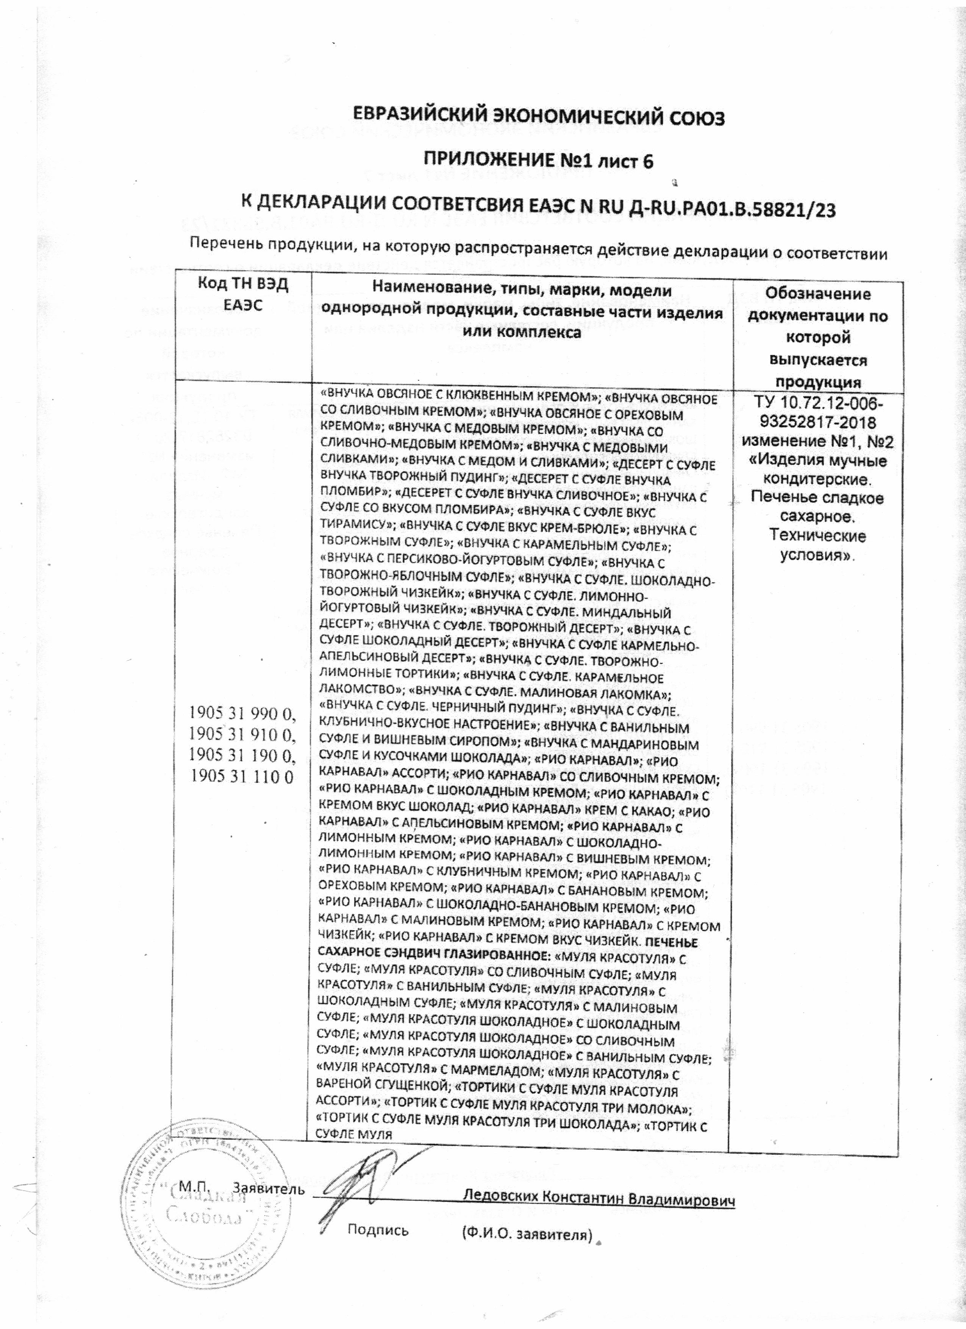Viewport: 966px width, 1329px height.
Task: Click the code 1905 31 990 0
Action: [x=241, y=716]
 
